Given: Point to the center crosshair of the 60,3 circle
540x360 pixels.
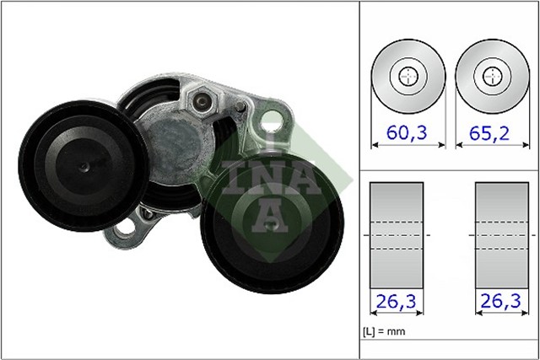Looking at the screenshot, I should tap(408, 76).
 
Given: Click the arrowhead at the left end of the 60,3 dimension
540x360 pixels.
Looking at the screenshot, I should tap(375, 145).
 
